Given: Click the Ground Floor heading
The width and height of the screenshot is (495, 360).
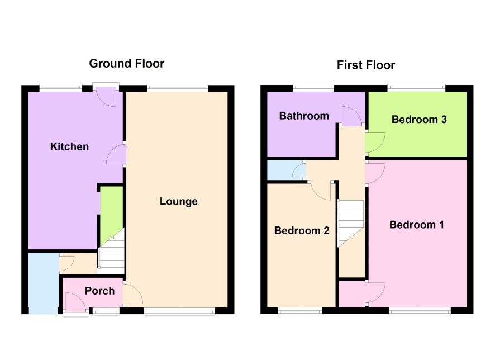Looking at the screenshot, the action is [127, 64].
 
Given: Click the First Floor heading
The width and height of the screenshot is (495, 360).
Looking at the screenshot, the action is [366, 65].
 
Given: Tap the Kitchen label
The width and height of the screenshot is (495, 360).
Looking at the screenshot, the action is [69, 146].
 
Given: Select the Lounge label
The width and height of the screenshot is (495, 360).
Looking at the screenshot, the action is [179, 201].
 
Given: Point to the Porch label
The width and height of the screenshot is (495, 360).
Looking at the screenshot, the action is [100, 291].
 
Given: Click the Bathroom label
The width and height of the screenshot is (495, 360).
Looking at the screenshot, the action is [304, 116].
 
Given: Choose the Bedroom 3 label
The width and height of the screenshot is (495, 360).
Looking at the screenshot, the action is [419, 120].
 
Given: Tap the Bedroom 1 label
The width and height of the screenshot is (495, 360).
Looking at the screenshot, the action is [416, 225].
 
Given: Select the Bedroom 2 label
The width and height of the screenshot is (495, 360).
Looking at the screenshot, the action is [302, 230].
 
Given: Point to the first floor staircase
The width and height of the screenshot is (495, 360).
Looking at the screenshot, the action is [350, 222].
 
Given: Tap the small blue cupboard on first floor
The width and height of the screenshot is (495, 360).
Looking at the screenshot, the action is [285, 170].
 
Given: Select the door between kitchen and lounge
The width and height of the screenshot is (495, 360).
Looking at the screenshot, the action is [116, 154].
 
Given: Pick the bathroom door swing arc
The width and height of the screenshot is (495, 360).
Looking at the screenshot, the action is [352, 115].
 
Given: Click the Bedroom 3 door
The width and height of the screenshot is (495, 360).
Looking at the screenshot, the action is [375, 143].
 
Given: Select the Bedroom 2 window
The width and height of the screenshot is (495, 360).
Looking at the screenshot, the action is [299, 311].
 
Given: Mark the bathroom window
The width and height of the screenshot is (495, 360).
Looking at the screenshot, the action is [313, 87].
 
